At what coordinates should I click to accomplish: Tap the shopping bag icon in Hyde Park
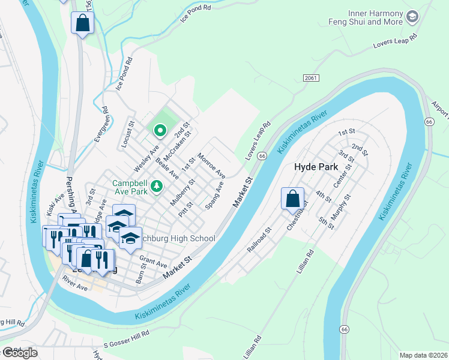[x=292, y=199]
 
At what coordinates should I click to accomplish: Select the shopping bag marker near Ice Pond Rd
[x=82, y=24]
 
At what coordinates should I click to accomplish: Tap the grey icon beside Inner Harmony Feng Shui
[x=412, y=17]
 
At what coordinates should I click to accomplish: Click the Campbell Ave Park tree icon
[x=157, y=187]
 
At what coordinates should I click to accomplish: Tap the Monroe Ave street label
[x=211, y=166]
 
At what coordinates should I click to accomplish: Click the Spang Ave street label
[x=214, y=196]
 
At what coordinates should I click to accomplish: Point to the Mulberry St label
[x=182, y=192]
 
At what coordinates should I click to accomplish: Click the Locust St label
[x=127, y=133]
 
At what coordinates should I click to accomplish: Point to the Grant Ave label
[x=152, y=262]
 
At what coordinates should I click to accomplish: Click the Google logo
[x=19, y=353]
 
